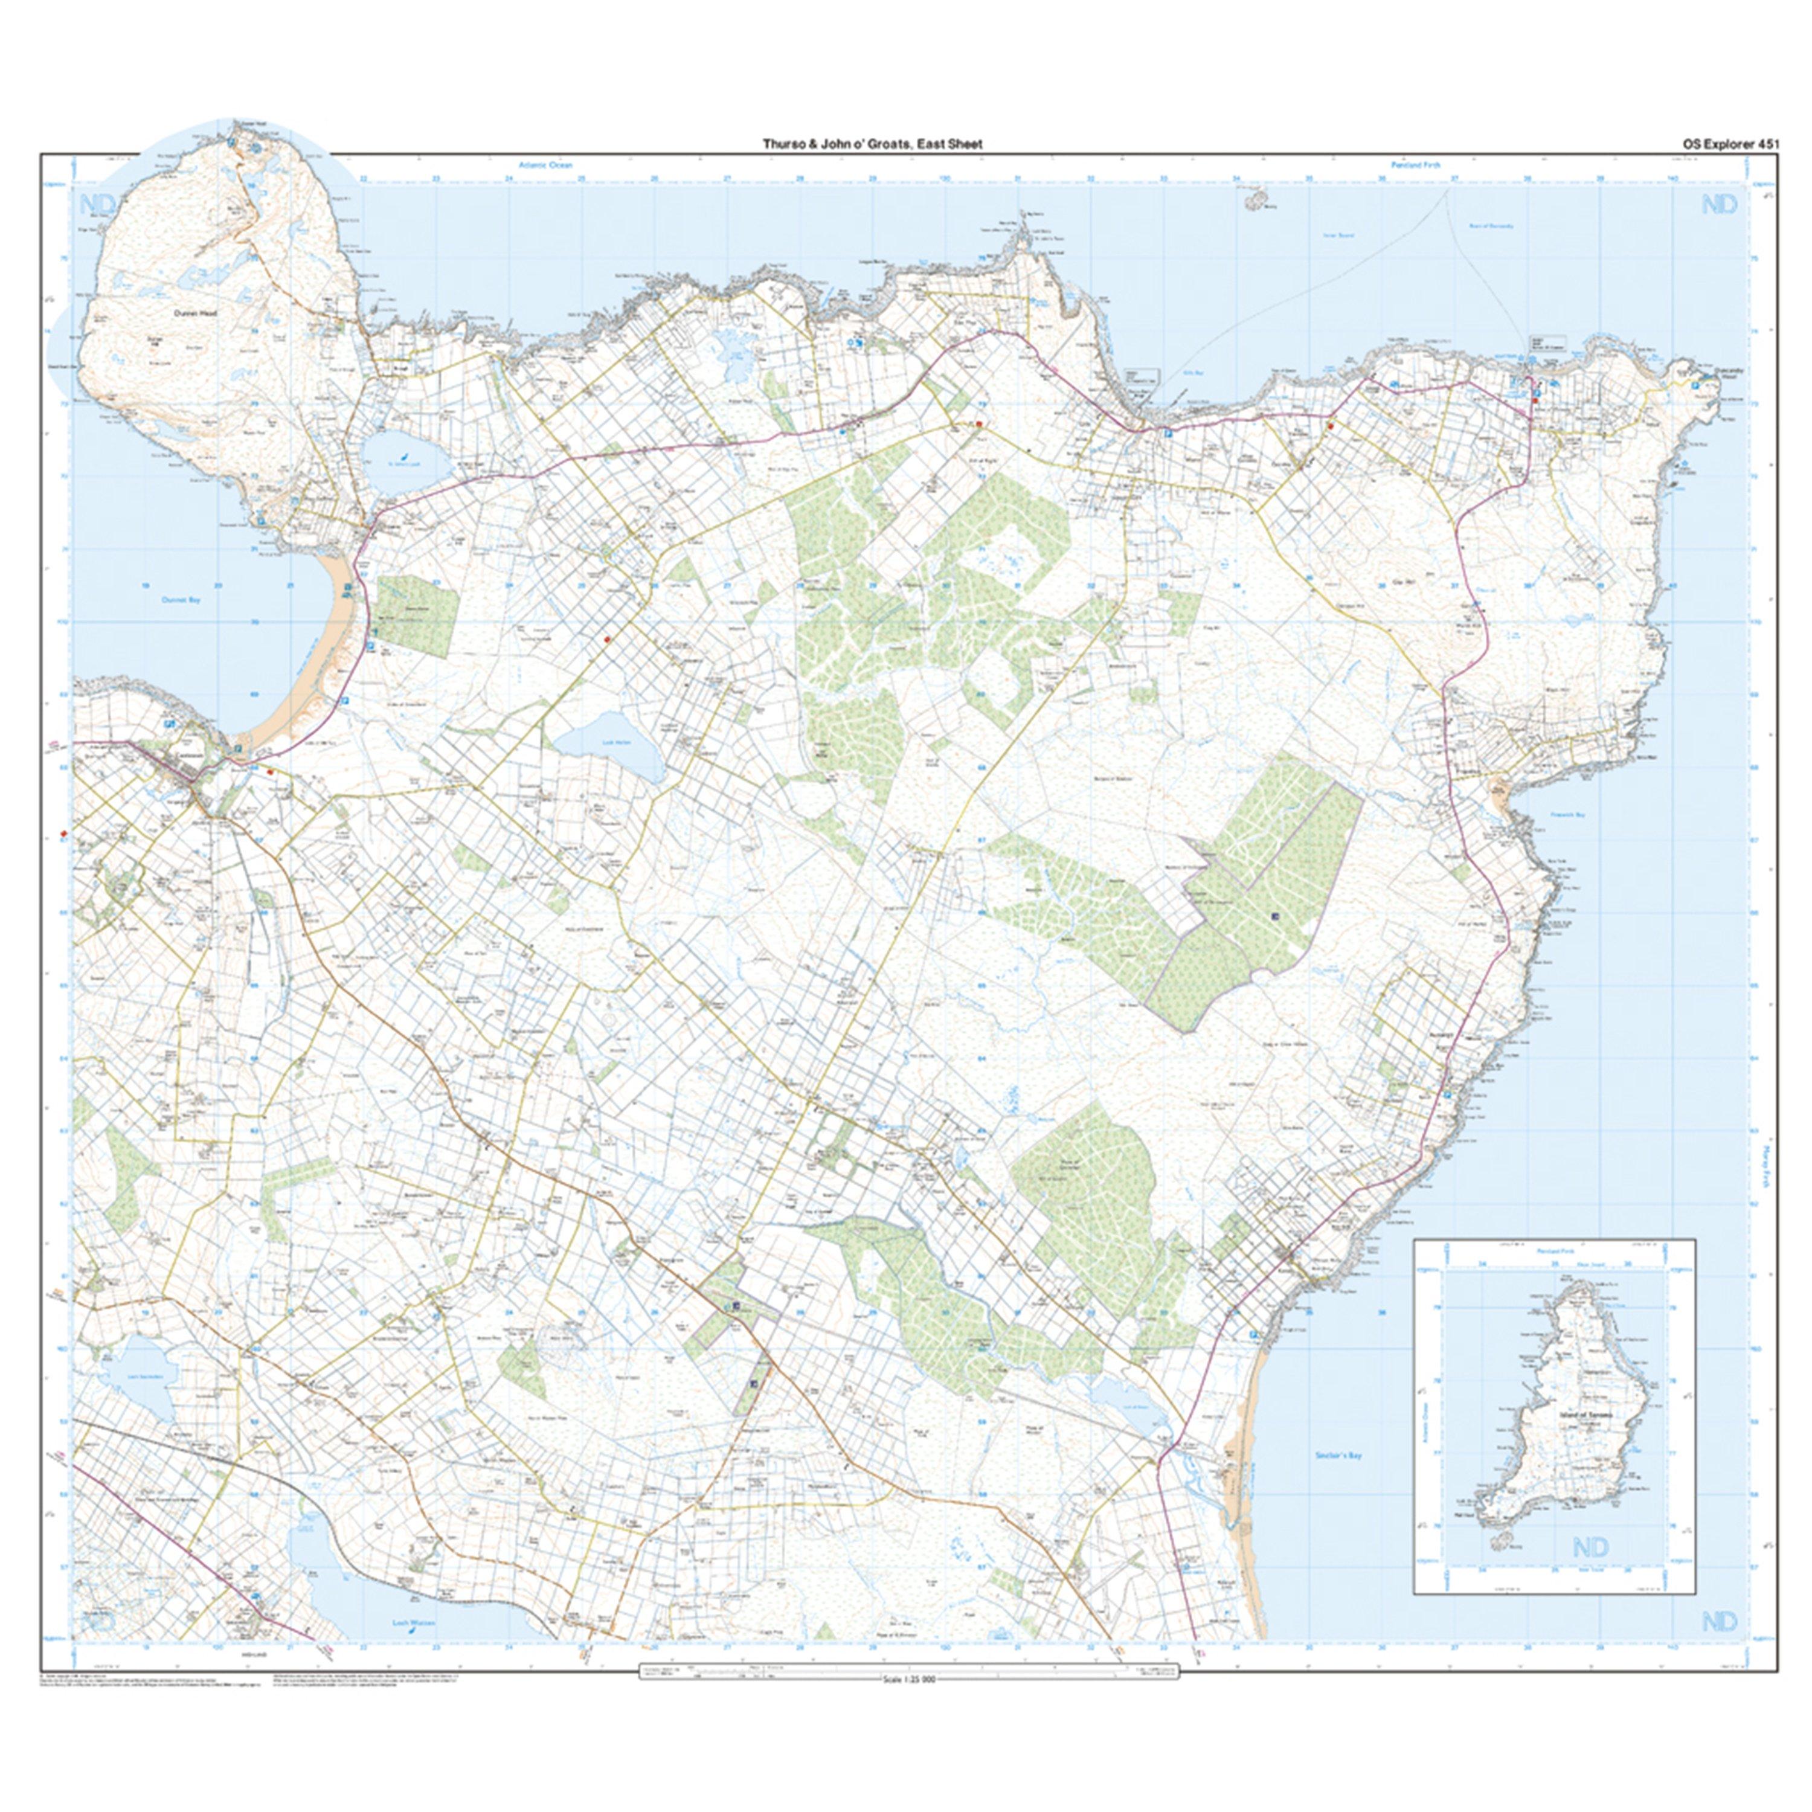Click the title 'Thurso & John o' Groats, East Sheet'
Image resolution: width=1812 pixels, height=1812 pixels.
[x=872, y=144]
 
